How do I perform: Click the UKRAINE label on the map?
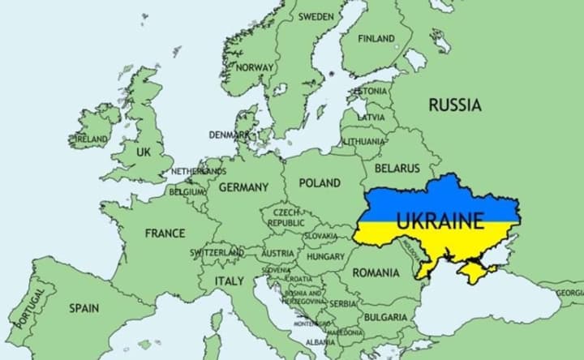(x=440, y=220)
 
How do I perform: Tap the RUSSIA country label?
(x=454, y=105)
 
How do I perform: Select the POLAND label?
(x=320, y=183)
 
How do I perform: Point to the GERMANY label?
(x=243, y=187)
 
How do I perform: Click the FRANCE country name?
(x=165, y=234)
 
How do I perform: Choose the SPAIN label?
(x=84, y=308)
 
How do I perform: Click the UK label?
(x=144, y=152)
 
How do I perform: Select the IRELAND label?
(x=91, y=139)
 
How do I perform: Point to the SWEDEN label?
(x=316, y=16)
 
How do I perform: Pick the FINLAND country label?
(x=376, y=38)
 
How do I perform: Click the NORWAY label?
(x=255, y=67)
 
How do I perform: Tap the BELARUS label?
(x=397, y=169)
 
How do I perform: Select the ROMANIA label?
(x=376, y=273)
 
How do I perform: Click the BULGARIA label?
(x=384, y=316)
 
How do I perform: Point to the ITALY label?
(x=229, y=281)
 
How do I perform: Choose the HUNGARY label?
(x=325, y=256)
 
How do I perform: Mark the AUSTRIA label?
(x=278, y=253)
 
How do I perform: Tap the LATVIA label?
(x=371, y=117)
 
